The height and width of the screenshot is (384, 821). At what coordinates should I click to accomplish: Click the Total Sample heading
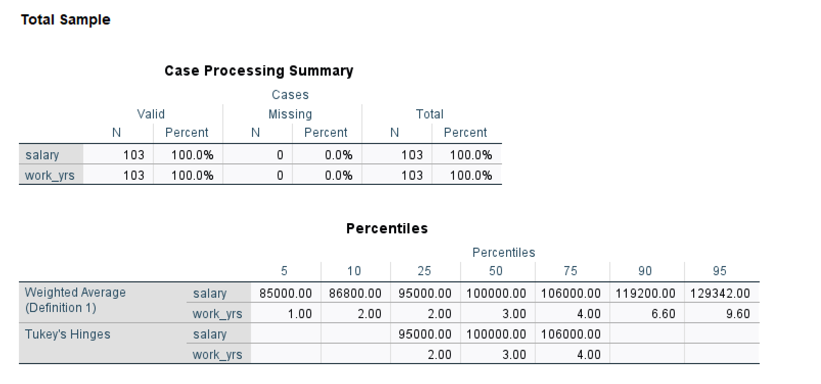(x=65, y=20)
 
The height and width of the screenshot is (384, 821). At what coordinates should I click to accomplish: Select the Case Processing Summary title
(x=259, y=71)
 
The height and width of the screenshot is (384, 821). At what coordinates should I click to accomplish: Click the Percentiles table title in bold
(x=387, y=229)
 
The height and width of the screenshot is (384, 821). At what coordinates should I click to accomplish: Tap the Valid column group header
(x=151, y=114)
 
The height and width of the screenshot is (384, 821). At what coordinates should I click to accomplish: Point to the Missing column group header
(x=290, y=114)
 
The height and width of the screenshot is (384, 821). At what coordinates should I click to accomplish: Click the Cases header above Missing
(x=290, y=95)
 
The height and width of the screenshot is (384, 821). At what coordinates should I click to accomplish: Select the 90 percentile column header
(x=645, y=271)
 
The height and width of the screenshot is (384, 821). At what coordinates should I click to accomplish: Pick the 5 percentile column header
(x=284, y=271)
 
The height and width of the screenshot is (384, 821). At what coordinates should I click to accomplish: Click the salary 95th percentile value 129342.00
(x=720, y=294)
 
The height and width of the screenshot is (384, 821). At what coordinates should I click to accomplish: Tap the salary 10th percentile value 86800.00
(x=355, y=294)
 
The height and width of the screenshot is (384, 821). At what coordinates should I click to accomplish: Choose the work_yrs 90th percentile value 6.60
(x=663, y=314)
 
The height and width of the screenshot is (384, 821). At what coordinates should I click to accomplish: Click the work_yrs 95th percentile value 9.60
(x=738, y=314)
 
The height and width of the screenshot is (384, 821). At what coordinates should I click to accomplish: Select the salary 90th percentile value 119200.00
(x=645, y=294)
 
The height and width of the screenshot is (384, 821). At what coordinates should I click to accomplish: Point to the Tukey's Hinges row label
(x=67, y=334)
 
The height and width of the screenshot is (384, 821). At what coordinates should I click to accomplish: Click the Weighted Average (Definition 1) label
(x=75, y=300)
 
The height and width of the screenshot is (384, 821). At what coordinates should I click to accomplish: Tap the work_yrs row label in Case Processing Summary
(x=50, y=176)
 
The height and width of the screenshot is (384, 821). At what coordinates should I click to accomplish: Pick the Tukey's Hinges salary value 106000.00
(x=571, y=334)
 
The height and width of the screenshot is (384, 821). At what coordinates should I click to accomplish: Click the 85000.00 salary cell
(x=286, y=294)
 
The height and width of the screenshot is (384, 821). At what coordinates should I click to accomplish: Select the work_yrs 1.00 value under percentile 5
(x=300, y=314)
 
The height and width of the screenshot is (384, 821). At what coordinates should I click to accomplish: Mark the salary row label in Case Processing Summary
(x=42, y=155)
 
